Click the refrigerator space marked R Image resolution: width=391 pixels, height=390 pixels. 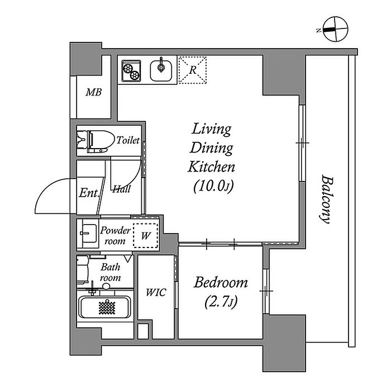(192, 70)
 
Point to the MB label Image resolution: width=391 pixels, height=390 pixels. (93, 92)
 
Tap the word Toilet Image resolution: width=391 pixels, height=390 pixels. (127, 141)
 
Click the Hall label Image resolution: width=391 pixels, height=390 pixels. (121, 189)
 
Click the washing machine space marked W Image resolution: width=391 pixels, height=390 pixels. (145, 235)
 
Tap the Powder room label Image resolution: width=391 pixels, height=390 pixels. (116, 235)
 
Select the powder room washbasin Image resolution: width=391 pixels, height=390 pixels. (88, 233)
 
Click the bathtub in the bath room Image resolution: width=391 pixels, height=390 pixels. (104, 307)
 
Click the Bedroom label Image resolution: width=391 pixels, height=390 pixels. (221, 283)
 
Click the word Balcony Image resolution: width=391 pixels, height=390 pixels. (327, 199)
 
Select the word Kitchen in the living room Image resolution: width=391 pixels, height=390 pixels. (211, 167)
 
